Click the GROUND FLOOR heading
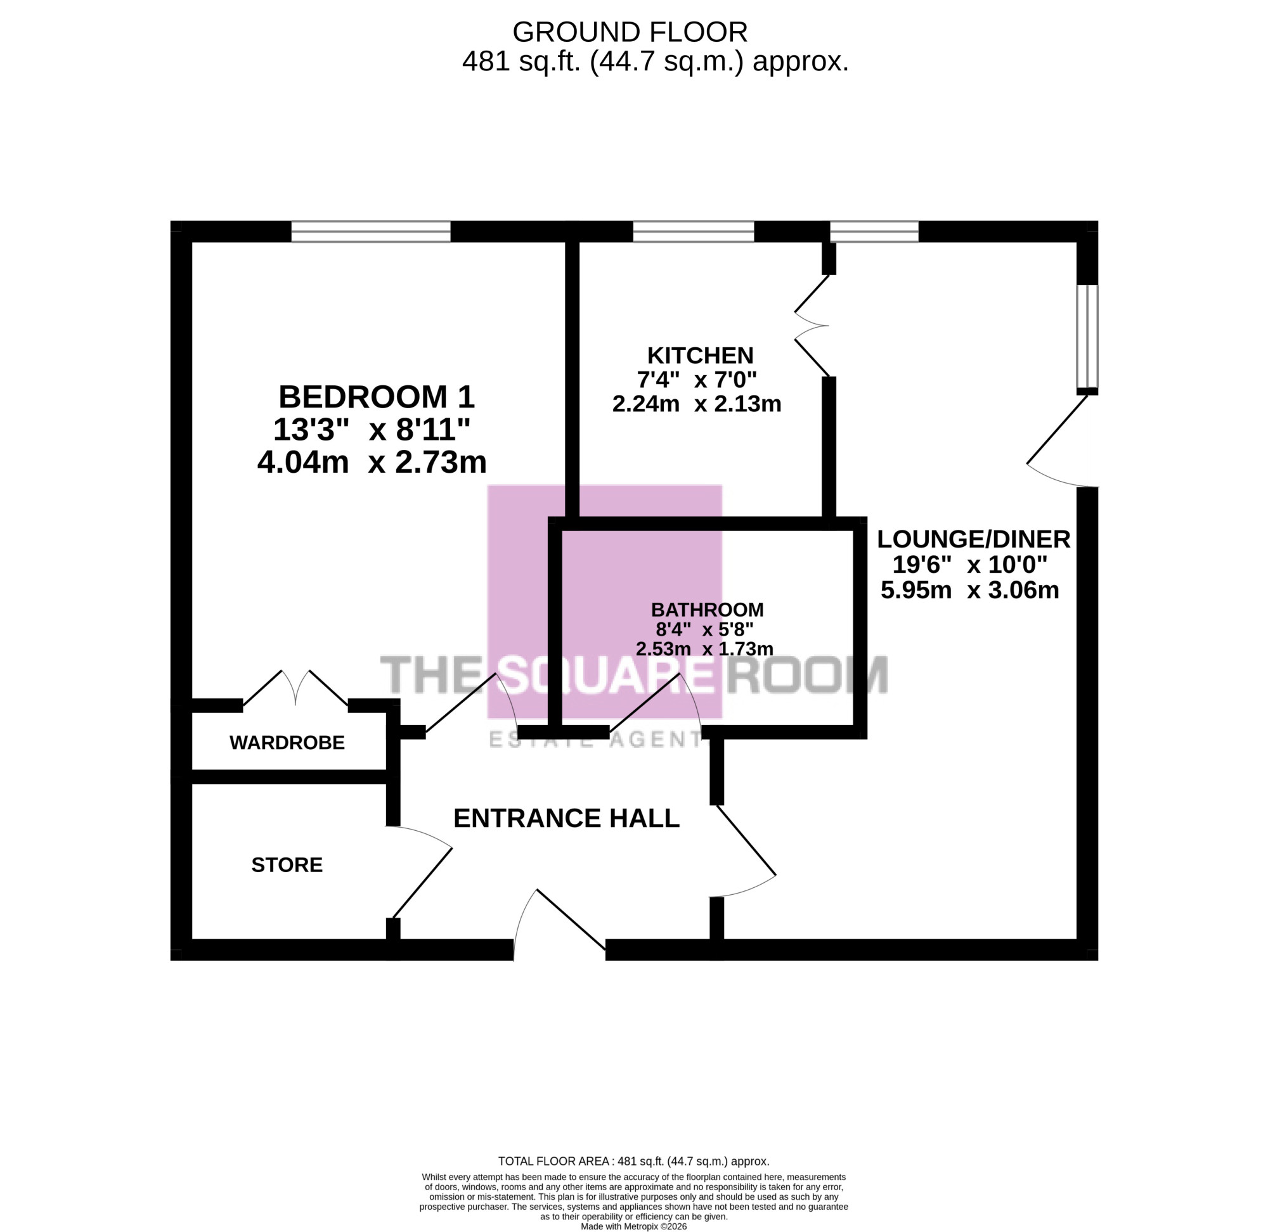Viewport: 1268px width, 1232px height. [630, 32]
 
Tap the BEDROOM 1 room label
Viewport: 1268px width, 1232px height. [376, 397]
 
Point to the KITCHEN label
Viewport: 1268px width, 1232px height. [701, 356]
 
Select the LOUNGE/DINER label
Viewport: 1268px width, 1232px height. [973, 539]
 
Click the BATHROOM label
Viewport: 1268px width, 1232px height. [707, 610]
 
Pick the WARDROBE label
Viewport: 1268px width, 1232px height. [287, 743]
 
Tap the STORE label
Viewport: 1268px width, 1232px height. [287, 865]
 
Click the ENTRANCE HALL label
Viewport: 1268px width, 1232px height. [566, 819]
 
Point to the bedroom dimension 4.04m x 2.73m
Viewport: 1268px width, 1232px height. [372, 462]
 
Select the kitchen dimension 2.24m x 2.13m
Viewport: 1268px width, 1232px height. [697, 404]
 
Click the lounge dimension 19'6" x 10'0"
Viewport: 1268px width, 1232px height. [969, 565]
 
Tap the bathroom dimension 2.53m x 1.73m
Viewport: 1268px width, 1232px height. [704, 649]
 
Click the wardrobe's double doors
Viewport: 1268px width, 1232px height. [295, 687]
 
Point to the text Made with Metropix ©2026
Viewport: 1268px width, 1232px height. [633, 1226]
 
